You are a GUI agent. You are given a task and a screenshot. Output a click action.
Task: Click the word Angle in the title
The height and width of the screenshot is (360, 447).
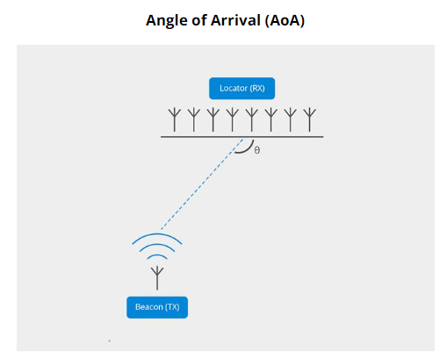coord(167,21)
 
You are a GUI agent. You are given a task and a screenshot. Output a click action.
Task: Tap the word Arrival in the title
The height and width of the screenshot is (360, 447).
coord(235,20)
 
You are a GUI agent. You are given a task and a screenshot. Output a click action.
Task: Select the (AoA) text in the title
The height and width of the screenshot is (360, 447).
coord(285,20)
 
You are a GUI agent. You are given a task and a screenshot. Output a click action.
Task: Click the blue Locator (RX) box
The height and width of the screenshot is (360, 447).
coord(242,89)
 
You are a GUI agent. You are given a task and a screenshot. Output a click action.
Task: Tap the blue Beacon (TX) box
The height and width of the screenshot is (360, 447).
coord(157,307)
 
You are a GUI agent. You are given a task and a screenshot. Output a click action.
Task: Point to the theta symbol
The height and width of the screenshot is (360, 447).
coord(257,150)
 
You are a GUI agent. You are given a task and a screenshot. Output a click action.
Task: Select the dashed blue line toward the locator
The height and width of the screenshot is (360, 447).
coord(202,184)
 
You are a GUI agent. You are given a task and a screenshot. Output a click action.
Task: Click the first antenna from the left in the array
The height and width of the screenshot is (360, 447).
coord(175,120)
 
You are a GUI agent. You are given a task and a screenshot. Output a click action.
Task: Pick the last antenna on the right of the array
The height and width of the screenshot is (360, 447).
coord(310,120)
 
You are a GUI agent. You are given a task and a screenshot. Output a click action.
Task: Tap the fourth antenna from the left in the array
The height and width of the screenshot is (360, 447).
coord(233,120)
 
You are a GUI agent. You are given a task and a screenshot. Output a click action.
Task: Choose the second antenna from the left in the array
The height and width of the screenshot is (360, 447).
coord(194,120)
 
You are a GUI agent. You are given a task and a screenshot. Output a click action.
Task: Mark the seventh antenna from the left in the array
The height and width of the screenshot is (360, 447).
coord(291,120)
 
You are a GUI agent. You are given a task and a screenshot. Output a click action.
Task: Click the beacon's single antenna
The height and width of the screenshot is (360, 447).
coord(157,278)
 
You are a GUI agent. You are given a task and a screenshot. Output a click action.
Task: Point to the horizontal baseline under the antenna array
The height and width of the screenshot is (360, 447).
coord(242,137)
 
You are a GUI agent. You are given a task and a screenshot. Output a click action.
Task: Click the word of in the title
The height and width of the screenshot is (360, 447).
coord(199,20)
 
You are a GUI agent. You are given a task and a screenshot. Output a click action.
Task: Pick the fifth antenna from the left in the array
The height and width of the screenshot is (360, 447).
coord(252,120)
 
